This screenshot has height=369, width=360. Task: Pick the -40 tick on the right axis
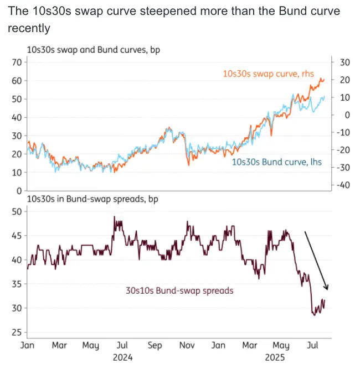pos(343,185)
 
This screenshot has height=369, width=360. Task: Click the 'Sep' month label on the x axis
pos(155,346)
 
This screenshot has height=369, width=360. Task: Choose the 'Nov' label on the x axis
pos(187,346)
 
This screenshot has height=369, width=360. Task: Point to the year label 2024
pos(124,357)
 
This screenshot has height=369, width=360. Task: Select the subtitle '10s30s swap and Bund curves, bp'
pos(89,50)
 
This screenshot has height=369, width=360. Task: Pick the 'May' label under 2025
pos(282,346)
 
